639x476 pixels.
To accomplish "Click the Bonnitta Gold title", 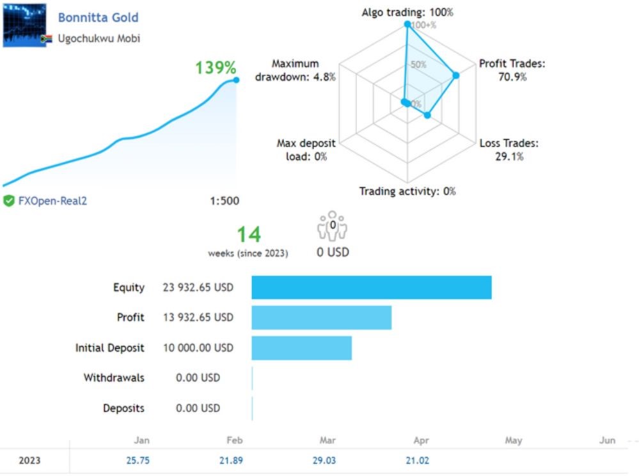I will click(x=98, y=17).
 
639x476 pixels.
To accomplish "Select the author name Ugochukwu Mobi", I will click(x=99, y=38).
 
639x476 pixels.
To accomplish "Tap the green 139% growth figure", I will click(x=216, y=68).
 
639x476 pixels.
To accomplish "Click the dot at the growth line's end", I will click(x=236, y=80).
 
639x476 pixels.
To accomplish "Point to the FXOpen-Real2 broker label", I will click(x=52, y=201).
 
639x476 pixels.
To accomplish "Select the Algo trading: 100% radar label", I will click(x=407, y=12).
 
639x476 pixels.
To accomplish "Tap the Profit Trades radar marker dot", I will click(x=456, y=75).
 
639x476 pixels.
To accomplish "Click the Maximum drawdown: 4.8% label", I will click(x=295, y=70).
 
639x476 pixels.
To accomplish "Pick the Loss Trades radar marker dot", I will click(x=428, y=115).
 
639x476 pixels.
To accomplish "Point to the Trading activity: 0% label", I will click(x=407, y=191).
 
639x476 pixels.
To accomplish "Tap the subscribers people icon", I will click(x=333, y=227).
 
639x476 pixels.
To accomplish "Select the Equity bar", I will click(x=371, y=287).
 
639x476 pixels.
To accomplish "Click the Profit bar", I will click(x=321, y=317).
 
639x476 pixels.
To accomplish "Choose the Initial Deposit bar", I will click(x=301, y=347).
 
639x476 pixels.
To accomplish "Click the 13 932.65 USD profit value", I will click(x=198, y=317).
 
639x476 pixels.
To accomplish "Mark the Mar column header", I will click(x=327, y=440).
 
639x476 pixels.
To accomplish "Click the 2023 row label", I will click(x=29, y=461).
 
